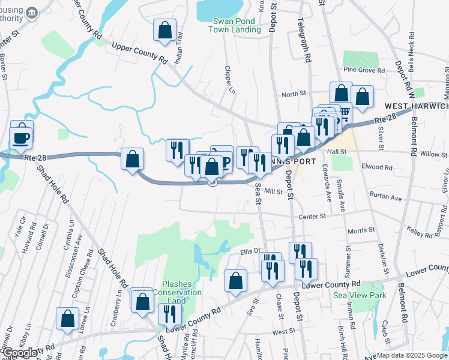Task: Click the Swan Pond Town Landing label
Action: pos(234,25)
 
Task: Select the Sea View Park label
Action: pos(360,295)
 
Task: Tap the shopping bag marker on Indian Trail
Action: pos(164,31)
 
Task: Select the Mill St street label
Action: pos(273,191)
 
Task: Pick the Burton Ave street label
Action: pos(386,196)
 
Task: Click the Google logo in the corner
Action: pos(20,353)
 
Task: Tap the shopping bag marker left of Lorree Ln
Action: pos(67,319)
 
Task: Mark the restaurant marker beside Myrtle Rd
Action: pos(170,314)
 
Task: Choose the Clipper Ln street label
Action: pos(228,79)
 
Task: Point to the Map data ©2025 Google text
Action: pos(412,355)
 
